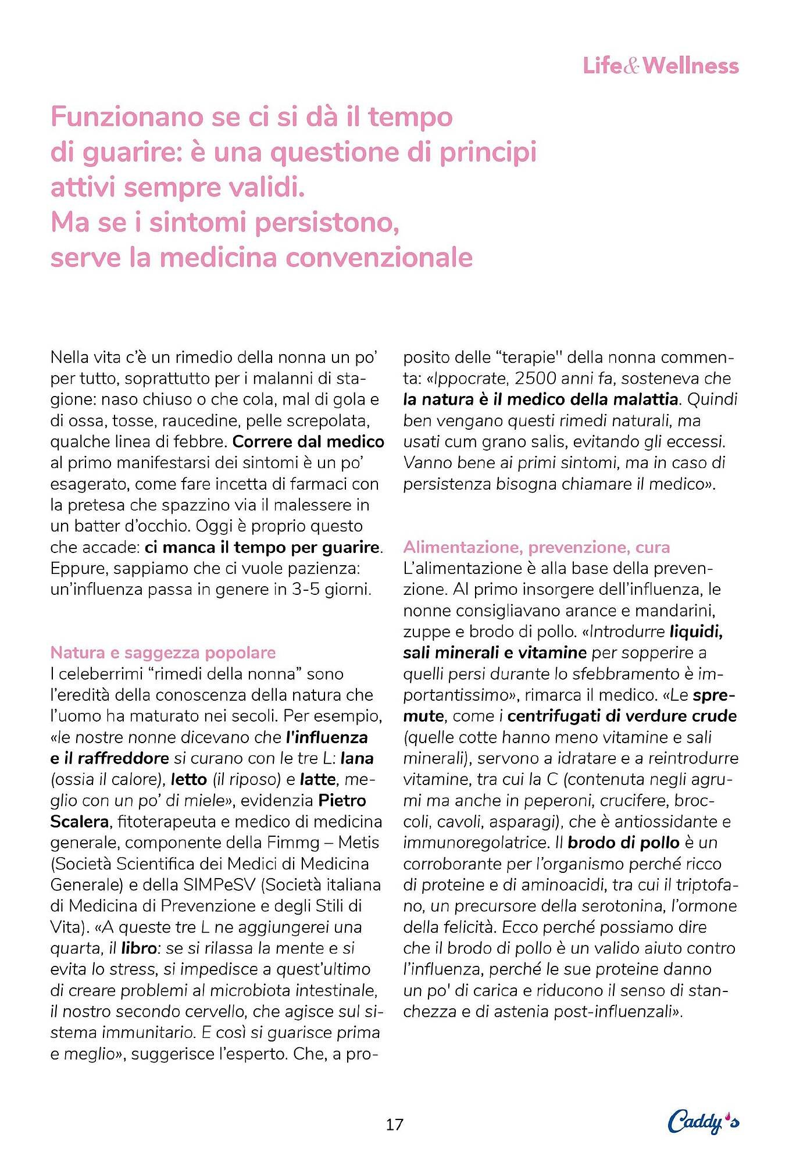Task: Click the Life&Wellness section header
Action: (661, 66)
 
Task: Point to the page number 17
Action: (394, 1124)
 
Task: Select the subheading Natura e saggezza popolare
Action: (163, 652)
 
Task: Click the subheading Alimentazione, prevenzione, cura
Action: (536, 547)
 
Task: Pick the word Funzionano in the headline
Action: (127, 117)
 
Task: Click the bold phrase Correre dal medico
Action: (308, 442)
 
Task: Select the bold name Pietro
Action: (342, 801)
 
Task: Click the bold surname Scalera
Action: (80, 822)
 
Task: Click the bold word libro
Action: (139, 948)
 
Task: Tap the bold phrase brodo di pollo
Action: (623, 843)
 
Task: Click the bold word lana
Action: (357, 758)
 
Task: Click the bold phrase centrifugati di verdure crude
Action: (622, 716)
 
